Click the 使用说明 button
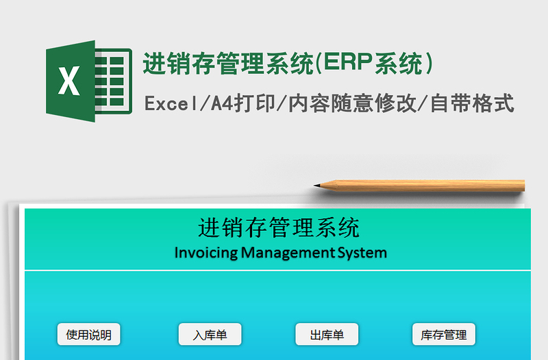[x=88, y=335]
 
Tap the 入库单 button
[x=210, y=335]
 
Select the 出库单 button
[x=327, y=335]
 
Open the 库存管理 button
[x=443, y=335]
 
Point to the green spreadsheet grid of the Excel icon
[x=113, y=81]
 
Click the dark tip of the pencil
[x=317, y=185]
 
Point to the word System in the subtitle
[x=362, y=253]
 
